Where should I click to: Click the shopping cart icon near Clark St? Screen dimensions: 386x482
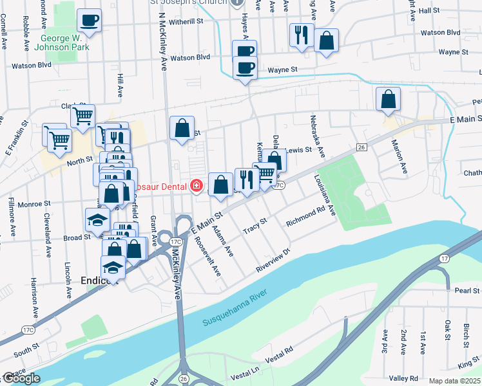point(82,116)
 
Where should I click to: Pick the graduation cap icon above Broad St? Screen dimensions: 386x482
point(98,220)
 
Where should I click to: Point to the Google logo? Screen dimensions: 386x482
point(21,378)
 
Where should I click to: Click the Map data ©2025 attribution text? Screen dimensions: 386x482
point(454,381)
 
